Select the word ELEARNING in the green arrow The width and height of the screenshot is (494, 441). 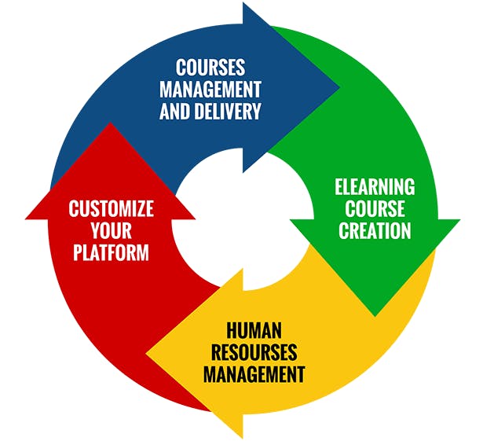375,187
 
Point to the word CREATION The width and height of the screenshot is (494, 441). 375,230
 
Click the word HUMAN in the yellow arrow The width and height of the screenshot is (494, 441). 254,329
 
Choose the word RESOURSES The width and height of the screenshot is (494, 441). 254,351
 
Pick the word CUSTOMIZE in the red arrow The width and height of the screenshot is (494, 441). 111,209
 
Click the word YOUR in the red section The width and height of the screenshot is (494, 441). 110,231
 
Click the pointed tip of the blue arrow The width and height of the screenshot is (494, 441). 338,86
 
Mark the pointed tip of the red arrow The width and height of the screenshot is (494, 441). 111,125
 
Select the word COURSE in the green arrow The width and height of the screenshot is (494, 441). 375,209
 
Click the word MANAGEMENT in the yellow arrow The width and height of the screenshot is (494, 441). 254,373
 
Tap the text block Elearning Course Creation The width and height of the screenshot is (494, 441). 375,209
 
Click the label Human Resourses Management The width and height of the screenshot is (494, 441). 254,351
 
